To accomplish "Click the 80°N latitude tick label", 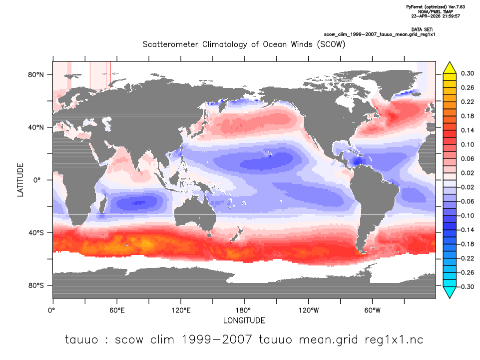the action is pyautogui.click(x=36, y=75).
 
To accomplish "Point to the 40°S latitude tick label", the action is pyautogui.click(x=36, y=233).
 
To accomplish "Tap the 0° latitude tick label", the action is pyautogui.click(x=37, y=180).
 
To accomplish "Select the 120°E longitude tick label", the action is pyautogui.click(x=181, y=310).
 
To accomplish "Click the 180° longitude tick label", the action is pyautogui.click(x=245, y=310).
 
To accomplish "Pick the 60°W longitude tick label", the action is pyautogui.click(x=372, y=310).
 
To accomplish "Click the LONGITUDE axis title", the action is pyautogui.click(x=244, y=321).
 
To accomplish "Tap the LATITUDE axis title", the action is pyautogui.click(x=20, y=180).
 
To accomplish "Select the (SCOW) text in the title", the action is pyautogui.click(x=331, y=44).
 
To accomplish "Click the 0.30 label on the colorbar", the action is pyautogui.click(x=468, y=73).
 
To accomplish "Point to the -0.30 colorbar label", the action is pyautogui.click(x=466, y=287).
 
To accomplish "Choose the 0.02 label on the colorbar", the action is pyautogui.click(x=468, y=173).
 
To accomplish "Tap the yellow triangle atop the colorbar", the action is pyautogui.click(x=450, y=67).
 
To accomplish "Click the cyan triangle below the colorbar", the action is pyautogui.click(x=450, y=292).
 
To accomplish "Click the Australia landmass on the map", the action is pyautogui.click(x=195, y=214).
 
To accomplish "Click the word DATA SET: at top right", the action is pyautogui.click(x=422, y=29).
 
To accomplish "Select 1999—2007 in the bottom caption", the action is pyautogui.click(x=217, y=339).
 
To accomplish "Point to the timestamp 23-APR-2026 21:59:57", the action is pyautogui.click(x=436, y=16).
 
